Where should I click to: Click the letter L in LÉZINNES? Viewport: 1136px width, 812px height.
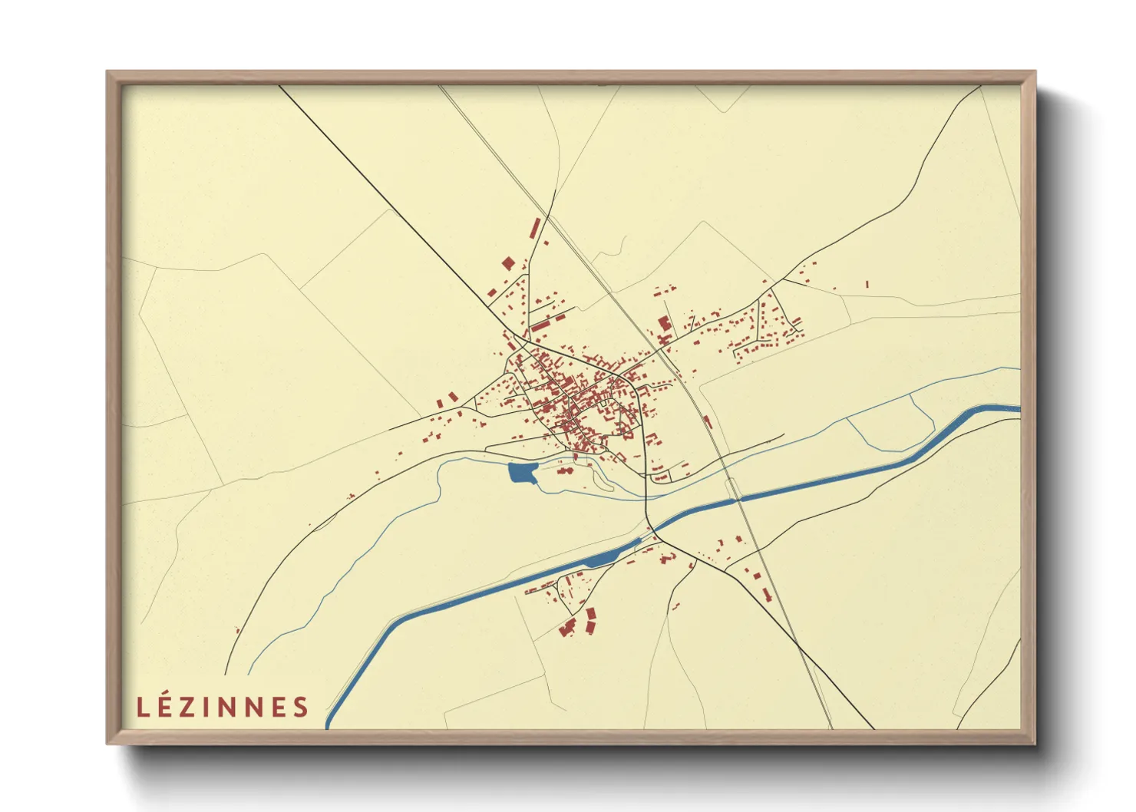(x=142, y=707)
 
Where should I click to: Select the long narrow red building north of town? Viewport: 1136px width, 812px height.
(x=536, y=228)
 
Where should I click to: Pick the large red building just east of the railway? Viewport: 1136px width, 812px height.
(x=664, y=324)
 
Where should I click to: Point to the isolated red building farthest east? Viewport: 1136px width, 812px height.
(x=867, y=284)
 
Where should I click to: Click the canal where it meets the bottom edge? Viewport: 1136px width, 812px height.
(x=329, y=724)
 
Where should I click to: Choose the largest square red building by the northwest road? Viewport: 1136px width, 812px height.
(x=507, y=263)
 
